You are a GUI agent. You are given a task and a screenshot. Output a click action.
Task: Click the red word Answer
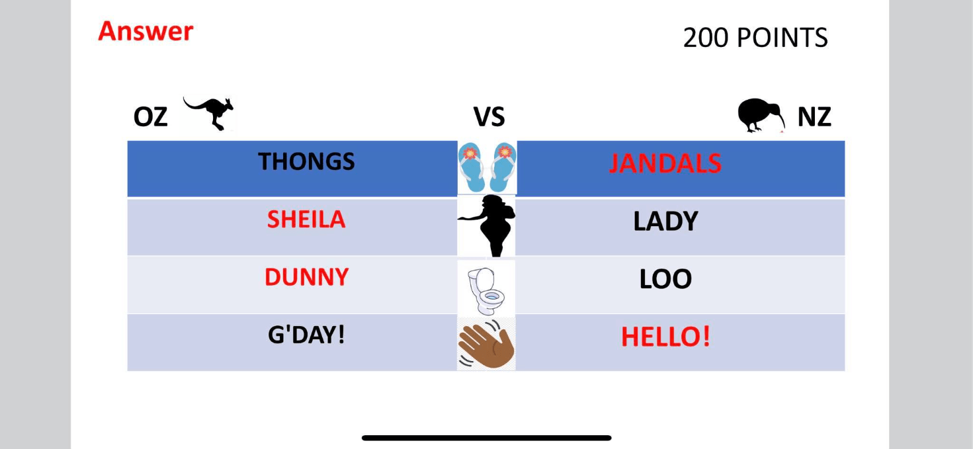click(x=146, y=32)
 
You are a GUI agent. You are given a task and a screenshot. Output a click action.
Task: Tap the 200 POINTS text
click(x=755, y=38)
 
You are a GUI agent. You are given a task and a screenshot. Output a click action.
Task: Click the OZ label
click(x=150, y=117)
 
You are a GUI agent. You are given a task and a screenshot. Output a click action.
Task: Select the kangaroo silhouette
click(x=209, y=113)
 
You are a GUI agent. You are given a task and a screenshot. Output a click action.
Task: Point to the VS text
click(x=489, y=117)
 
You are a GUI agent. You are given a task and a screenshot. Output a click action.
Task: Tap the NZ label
click(x=814, y=117)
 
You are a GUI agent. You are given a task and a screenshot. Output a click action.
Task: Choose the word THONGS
click(x=306, y=161)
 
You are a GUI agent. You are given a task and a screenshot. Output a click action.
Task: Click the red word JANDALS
click(x=665, y=164)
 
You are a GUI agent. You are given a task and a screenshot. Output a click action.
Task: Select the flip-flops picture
click(x=487, y=167)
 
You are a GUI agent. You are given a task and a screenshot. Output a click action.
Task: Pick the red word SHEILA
click(x=306, y=220)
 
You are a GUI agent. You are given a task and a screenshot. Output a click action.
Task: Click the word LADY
click(x=665, y=222)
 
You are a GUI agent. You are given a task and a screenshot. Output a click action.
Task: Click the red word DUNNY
click(x=306, y=277)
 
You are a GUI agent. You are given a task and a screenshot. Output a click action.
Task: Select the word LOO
click(x=665, y=279)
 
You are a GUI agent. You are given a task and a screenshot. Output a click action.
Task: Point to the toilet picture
click(x=486, y=290)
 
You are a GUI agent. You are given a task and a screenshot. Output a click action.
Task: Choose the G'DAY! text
click(x=306, y=335)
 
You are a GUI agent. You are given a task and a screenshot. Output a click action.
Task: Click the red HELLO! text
click(x=665, y=337)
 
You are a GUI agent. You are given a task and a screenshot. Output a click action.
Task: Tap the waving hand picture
click(x=487, y=344)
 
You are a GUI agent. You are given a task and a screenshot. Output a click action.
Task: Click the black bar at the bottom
click(x=487, y=438)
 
